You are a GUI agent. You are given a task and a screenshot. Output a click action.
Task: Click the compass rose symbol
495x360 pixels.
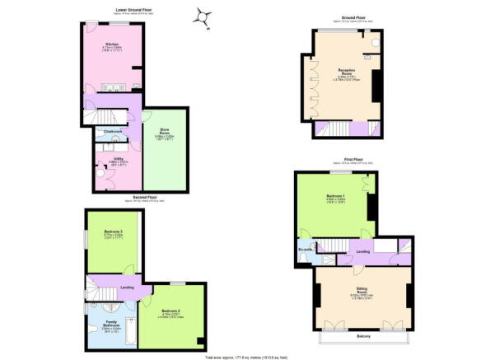(x=202, y=16)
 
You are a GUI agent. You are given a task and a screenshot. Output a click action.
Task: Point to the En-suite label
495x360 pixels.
(x=306, y=248)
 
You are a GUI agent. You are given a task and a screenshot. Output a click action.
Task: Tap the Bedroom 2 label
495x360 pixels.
(x=172, y=310)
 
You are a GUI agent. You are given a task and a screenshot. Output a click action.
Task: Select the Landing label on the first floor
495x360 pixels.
(x=362, y=251)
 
